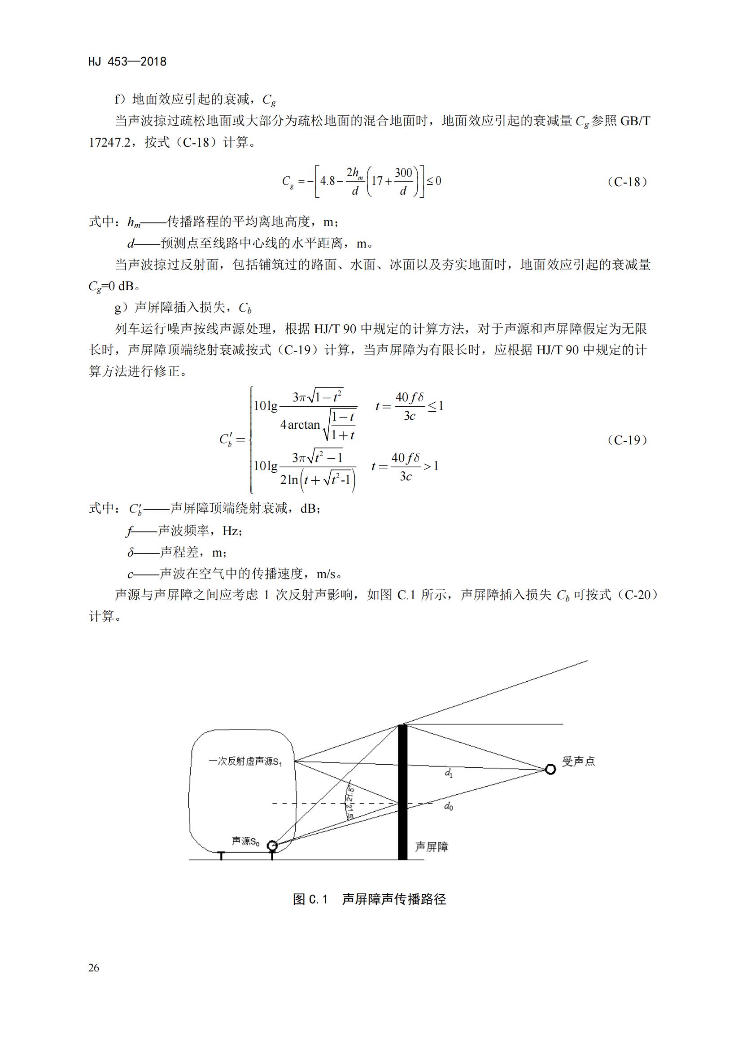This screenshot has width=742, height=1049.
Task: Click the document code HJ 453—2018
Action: (127, 62)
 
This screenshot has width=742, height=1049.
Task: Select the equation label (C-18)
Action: (627, 182)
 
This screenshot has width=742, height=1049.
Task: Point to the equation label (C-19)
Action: (627, 440)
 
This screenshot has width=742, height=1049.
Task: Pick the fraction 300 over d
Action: (403, 181)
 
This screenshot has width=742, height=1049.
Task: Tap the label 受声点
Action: (578, 761)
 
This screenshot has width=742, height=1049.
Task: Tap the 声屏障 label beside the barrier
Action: (431, 847)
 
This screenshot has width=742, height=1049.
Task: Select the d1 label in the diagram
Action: (449, 774)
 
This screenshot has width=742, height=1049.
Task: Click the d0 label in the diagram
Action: (449, 807)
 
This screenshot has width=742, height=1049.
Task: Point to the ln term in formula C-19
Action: (293, 480)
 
